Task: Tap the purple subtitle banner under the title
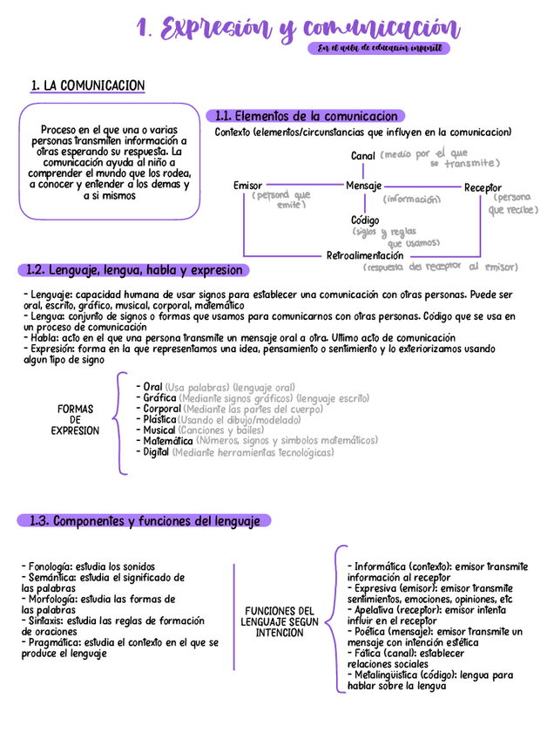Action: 379,49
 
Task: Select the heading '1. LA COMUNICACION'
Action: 87,85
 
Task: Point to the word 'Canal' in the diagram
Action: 363,156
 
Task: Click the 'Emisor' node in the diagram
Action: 247,186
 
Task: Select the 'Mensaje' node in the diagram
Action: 363,186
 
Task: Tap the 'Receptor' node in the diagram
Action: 483,187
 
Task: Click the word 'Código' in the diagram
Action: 365,220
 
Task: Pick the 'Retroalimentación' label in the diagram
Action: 365,256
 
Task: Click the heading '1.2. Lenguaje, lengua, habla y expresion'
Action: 135,270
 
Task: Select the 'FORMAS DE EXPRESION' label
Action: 75,419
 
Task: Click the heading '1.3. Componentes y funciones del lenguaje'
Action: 145,521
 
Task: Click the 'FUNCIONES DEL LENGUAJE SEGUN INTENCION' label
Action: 279,621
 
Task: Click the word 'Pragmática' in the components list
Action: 53,642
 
